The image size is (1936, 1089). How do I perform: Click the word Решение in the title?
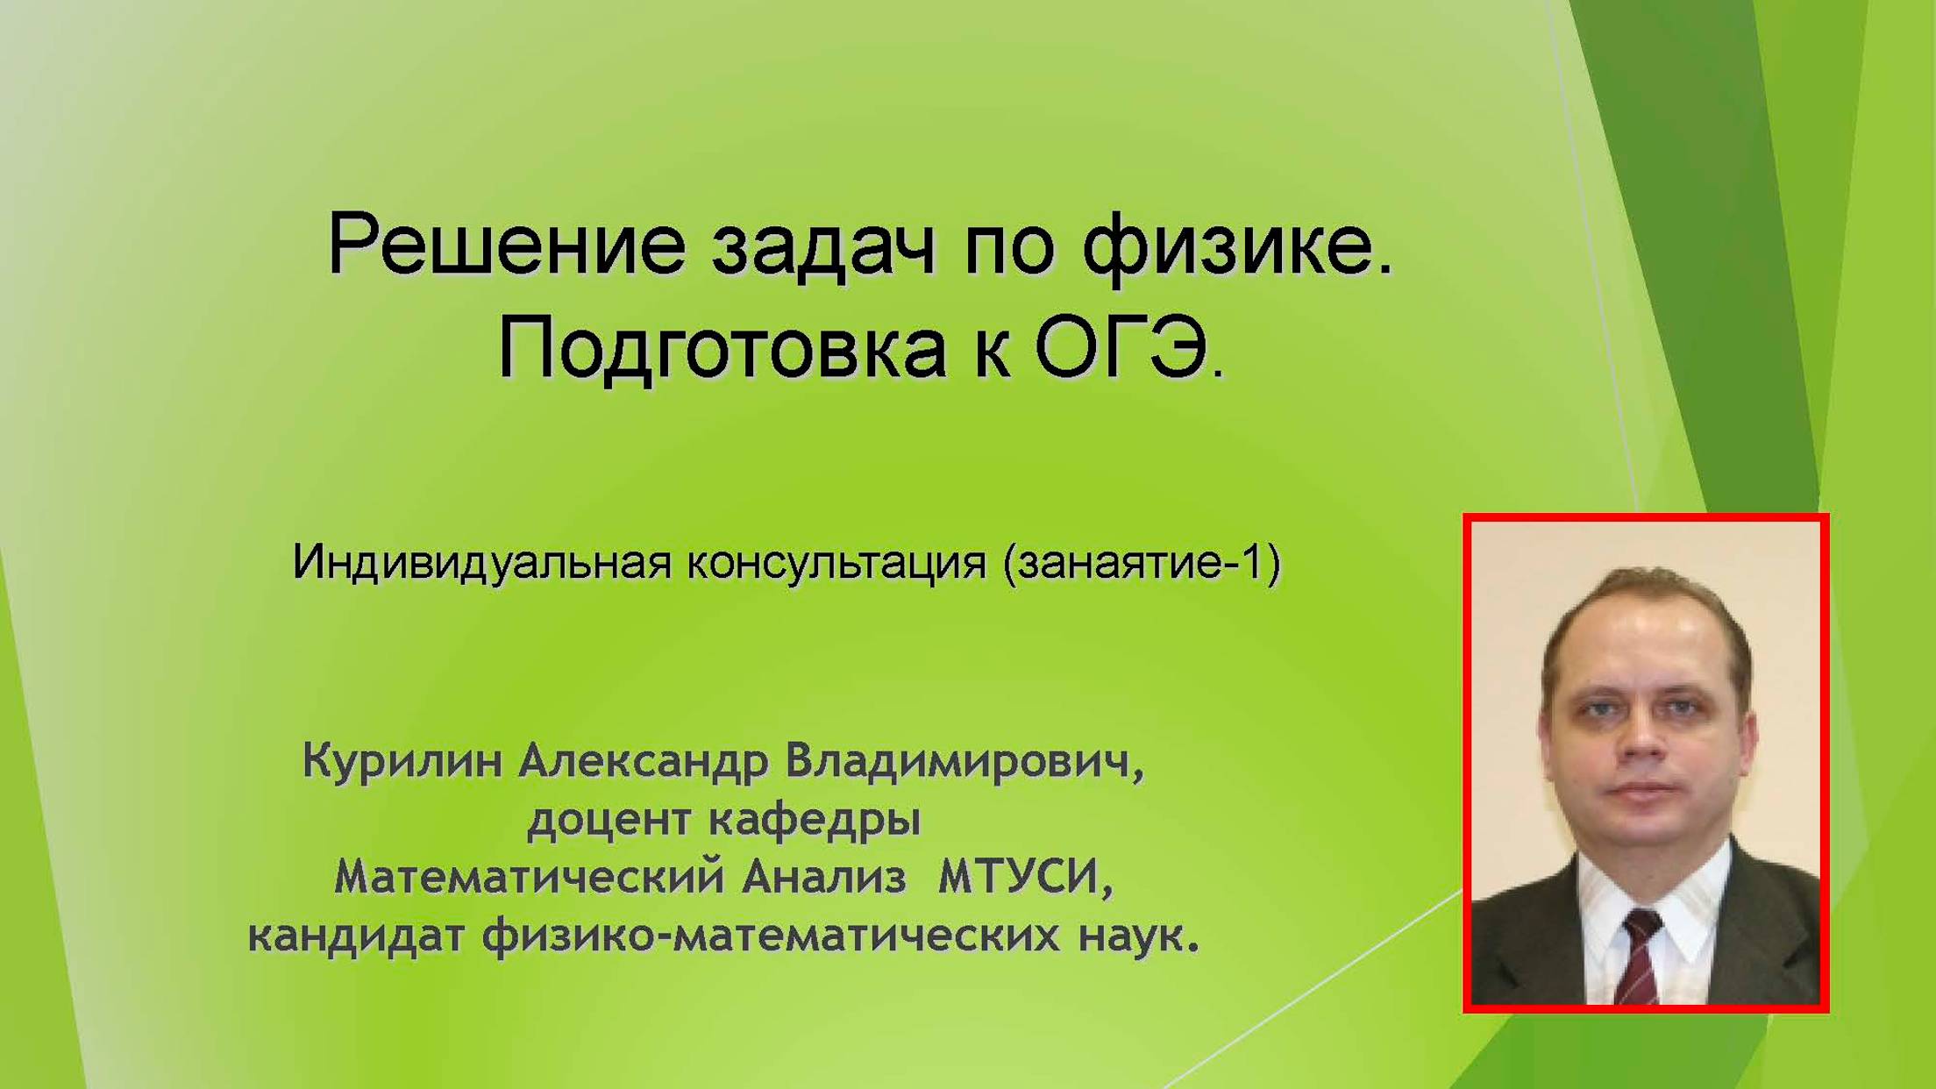[x=505, y=246]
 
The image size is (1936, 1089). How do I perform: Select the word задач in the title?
[x=822, y=246]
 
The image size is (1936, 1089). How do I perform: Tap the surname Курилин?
[x=402, y=761]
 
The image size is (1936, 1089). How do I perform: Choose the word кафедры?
[x=815, y=821]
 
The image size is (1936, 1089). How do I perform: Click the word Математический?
[x=530, y=878]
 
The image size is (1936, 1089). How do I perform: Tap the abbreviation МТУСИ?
[x=1023, y=878]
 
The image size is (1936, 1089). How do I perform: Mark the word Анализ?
[x=824, y=878]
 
